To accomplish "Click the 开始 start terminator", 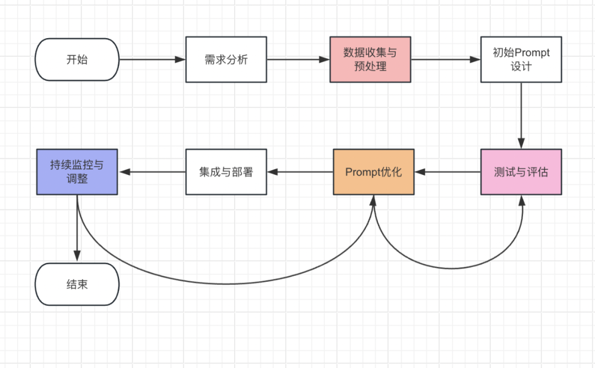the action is (x=77, y=59).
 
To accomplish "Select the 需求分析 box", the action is (x=226, y=59).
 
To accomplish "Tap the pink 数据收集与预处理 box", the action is (x=370, y=59).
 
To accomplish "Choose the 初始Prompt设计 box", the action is (x=521, y=59).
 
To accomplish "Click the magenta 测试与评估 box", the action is (x=521, y=172).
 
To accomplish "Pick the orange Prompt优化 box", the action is (x=374, y=172).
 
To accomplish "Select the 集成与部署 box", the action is (x=226, y=172).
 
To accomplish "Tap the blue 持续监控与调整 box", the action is (x=77, y=172).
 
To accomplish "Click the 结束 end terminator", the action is (x=77, y=284).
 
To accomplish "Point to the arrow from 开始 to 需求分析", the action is (x=153, y=59).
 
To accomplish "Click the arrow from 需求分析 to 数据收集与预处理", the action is (x=298, y=59).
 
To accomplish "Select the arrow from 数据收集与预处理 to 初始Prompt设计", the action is (x=446, y=59).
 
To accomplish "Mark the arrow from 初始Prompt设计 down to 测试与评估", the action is (x=521, y=115).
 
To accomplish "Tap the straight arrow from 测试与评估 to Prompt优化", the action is (x=447, y=172).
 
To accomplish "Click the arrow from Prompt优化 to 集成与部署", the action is (x=300, y=172).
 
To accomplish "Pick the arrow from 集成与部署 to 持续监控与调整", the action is (x=153, y=172).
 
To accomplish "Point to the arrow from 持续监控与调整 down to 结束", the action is (x=77, y=228).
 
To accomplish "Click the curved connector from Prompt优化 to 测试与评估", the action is (x=452, y=268).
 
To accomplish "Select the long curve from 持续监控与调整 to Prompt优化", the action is (x=226, y=284).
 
